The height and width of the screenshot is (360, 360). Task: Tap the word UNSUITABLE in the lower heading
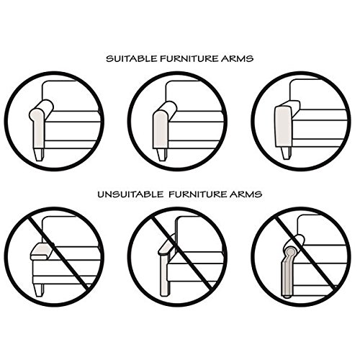point(130,194)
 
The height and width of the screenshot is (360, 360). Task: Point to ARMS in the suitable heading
point(237,59)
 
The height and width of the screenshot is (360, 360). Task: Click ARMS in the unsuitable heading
point(246,194)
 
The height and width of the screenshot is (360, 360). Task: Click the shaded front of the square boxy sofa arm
point(282,127)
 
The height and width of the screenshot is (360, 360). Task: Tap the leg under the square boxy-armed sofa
point(286,153)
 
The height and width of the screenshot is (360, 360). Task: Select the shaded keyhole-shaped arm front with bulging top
point(37,128)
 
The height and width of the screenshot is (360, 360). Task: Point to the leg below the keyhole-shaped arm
point(39,155)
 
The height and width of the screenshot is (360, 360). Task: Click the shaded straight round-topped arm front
point(161,130)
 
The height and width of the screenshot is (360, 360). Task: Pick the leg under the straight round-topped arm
point(162,155)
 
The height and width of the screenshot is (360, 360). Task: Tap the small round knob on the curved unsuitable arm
point(290,252)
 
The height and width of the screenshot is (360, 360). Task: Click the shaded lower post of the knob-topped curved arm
point(287,279)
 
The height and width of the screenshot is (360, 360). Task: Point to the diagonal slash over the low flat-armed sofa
point(58,253)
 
